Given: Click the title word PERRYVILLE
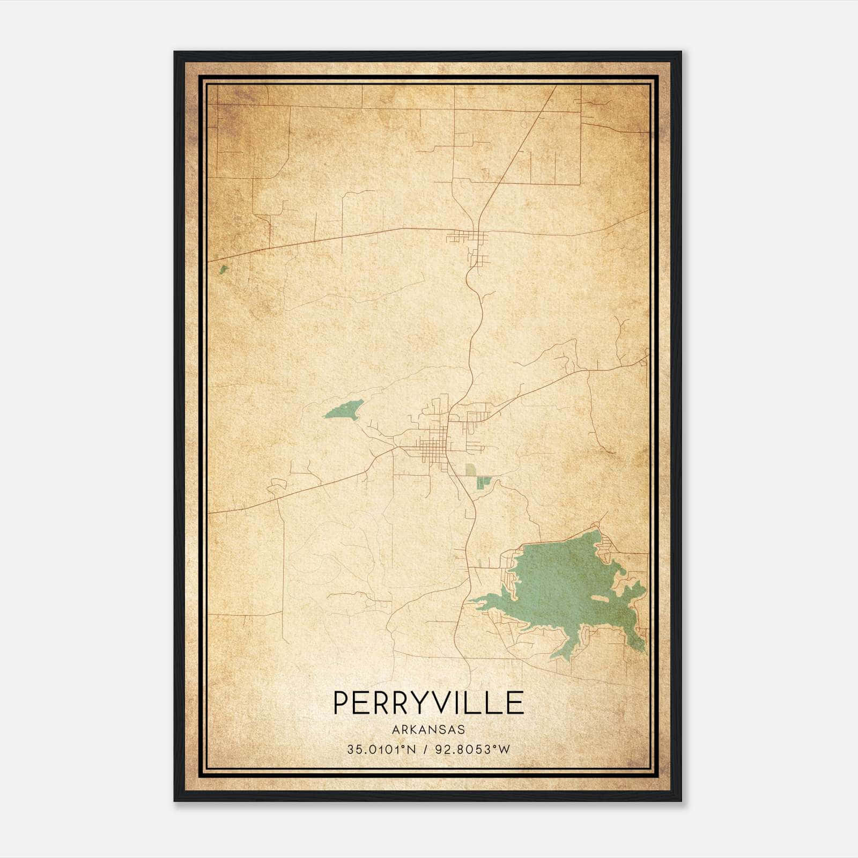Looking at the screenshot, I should point(428,702).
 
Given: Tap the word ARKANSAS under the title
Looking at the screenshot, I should point(428,730).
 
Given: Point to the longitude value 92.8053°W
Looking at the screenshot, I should point(472,750).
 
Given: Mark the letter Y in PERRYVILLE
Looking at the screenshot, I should point(419,702).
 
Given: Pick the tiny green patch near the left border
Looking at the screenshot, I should point(223,269).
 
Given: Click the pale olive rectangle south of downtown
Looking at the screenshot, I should point(470,470).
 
